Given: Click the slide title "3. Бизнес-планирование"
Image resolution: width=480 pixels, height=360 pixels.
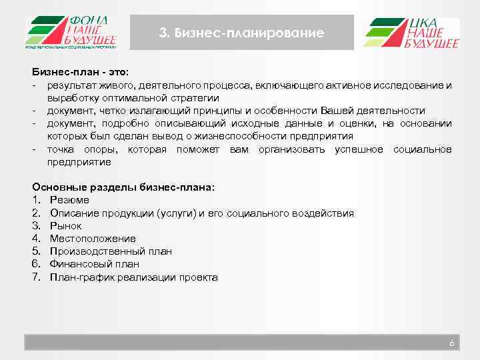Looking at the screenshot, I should point(242,33).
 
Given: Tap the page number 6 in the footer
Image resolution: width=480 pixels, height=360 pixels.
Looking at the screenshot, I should point(451,343).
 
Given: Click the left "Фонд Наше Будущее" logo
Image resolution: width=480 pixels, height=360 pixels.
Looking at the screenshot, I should point(72,32).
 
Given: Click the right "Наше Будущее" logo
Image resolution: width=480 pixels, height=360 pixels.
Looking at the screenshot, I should point(411,33).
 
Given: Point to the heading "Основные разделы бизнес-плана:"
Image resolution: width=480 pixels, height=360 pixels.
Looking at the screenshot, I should point(123,187).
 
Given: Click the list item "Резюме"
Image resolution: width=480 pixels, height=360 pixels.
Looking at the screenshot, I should point(69,200).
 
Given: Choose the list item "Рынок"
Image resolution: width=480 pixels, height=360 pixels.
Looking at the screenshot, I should point(65,226).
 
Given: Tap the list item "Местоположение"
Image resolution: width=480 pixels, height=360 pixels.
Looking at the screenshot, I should point(92,239).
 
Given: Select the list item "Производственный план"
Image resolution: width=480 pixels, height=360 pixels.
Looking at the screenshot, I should point(110,251).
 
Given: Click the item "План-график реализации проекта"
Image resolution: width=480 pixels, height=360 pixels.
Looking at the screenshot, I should point(133,277).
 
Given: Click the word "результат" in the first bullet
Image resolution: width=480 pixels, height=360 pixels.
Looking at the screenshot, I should point(70,85).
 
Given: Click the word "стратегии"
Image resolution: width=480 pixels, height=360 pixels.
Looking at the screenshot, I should point(195,98).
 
